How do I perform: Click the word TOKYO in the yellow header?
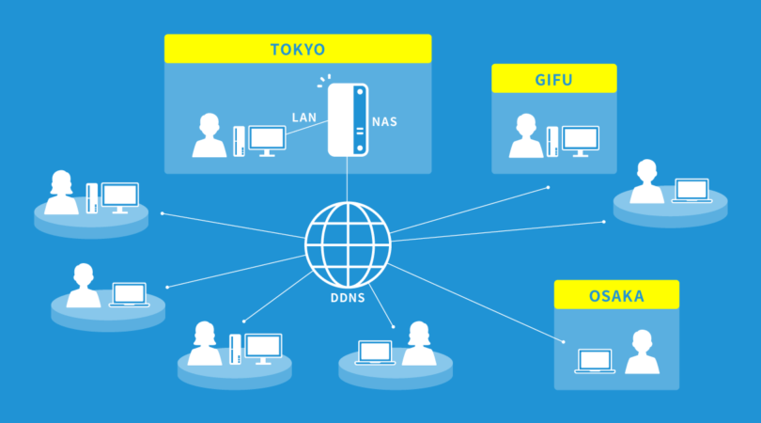pos(297,49)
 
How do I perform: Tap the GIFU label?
pos(553,79)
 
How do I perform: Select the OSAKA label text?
pos(615,296)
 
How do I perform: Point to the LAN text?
pos(303,118)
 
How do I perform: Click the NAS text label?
pos(384,122)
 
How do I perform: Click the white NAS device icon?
pos(347,119)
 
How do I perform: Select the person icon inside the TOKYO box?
pos(209,136)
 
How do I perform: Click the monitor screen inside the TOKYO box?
pos(267,139)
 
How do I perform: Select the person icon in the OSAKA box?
pos(643,352)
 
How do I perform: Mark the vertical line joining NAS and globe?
pos(347,179)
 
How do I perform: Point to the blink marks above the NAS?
pos(324,80)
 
